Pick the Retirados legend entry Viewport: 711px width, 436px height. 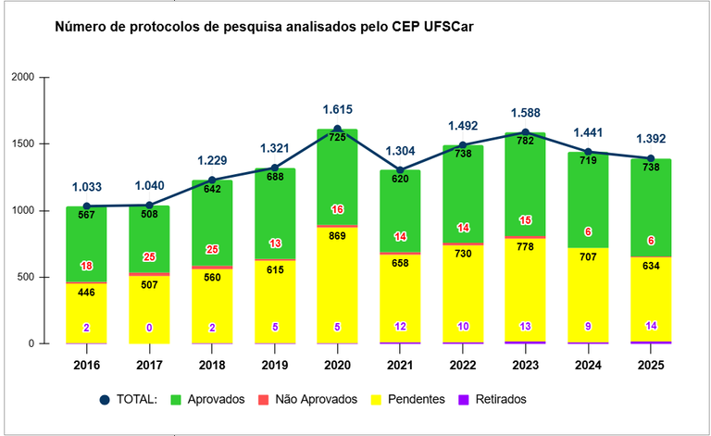(x=500, y=399)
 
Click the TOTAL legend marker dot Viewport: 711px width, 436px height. (x=104, y=399)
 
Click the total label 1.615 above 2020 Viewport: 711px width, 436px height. (x=337, y=109)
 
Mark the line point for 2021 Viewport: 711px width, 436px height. (x=400, y=170)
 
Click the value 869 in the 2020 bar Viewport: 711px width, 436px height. (x=337, y=235)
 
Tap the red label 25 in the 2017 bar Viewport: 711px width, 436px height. (x=149, y=256)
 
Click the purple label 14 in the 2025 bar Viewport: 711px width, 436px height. (x=651, y=326)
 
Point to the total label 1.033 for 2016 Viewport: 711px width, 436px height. (x=86, y=187)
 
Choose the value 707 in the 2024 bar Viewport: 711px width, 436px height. (x=588, y=255)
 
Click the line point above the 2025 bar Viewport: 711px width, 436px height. (x=651, y=158)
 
